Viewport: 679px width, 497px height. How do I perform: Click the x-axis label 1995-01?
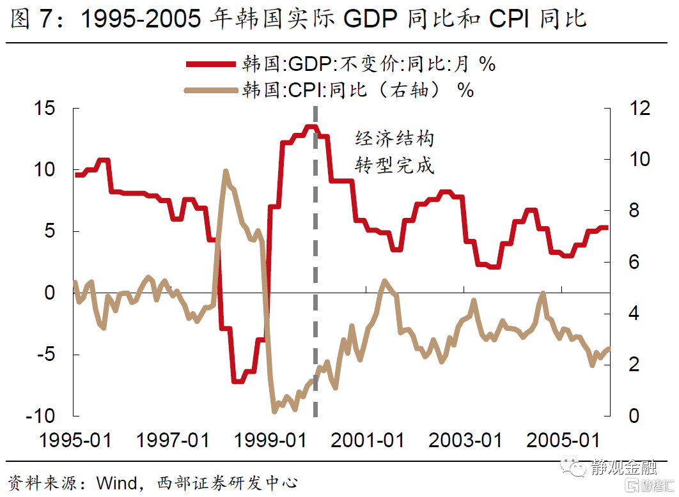pyautogui.click(x=75, y=441)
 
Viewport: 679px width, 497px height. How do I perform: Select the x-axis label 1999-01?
pyautogui.click(x=269, y=441)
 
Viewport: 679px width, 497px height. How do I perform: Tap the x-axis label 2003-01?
pyautogui.click(x=464, y=441)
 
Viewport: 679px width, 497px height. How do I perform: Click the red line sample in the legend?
pyautogui.click(x=210, y=64)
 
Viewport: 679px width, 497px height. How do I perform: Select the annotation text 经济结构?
pyautogui.click(x=394, y=139)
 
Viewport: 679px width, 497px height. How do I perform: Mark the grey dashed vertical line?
pyautogui.click(x=315, y=268)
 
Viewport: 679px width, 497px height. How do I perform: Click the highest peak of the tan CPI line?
pyautogui.click(x=225, y=171)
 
